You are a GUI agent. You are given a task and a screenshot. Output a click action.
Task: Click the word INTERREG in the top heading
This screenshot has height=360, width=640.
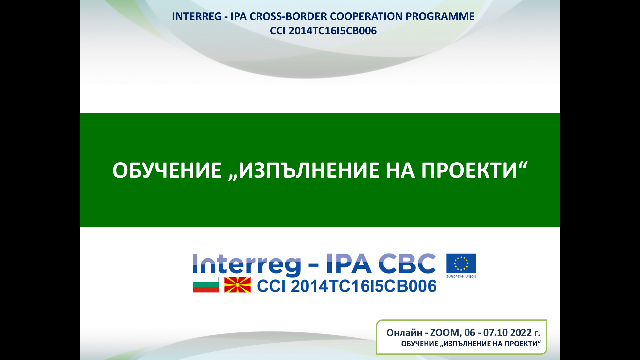tap(197, 16)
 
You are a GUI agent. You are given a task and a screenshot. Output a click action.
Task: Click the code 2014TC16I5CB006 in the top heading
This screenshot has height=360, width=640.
tap(333, 31)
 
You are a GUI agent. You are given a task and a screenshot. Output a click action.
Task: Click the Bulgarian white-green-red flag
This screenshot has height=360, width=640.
tap(206, 285)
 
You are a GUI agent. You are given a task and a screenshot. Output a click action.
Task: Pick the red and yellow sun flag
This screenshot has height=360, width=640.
tap(237, 285)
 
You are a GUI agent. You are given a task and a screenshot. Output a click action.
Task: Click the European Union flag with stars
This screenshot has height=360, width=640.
tap(461, 264)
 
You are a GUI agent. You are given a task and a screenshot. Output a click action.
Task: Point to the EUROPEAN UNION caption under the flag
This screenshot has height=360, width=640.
tap(461, 276)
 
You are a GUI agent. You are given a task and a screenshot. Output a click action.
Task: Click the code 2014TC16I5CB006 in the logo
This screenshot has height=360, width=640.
tap(363, 286)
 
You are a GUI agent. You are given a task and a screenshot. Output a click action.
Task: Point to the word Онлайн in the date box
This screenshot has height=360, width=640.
tap(404, 333)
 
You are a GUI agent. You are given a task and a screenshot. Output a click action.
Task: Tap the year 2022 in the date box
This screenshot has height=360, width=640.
tap(521, 333)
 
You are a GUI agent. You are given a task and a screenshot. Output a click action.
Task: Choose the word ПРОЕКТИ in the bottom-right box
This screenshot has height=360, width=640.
tap(522, 344)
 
